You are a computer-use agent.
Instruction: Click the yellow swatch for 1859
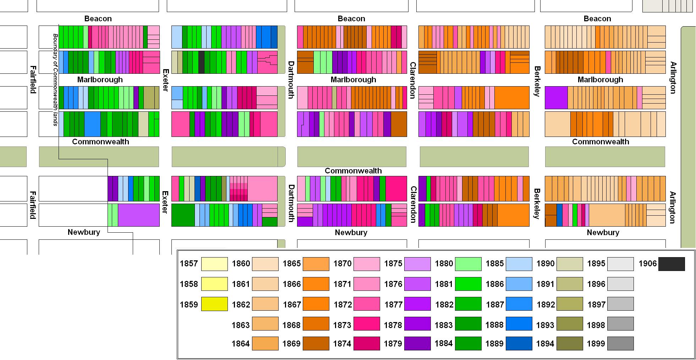(214, 304)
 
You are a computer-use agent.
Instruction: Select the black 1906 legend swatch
(671, 264)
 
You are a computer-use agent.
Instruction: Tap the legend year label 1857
(189, 264)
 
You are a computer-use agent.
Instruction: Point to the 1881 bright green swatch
(468, 284)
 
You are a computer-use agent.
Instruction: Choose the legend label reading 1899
(596, 343)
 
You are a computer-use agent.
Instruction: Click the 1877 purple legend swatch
(417, 304)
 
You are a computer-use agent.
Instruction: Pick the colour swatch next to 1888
(519, 324)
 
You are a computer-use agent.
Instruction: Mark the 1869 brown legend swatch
(316, 343)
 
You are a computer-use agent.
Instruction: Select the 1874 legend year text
(342, 343)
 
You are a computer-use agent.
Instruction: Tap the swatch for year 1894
(570, 343)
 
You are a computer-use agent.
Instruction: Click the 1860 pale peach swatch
(265, 264)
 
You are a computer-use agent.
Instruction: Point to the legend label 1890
(545, 264)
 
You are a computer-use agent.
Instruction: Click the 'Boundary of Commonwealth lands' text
(55, 80)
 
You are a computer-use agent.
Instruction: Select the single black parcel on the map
(201, 62)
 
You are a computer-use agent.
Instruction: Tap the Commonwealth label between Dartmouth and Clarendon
(353, 171)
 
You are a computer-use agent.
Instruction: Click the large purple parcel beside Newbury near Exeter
(138, 215)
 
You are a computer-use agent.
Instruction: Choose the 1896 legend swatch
(620, 284)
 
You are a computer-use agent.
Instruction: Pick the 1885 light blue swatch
(519, 264)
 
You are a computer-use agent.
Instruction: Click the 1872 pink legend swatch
(367, 304)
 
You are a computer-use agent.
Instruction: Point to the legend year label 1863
(241, 325)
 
